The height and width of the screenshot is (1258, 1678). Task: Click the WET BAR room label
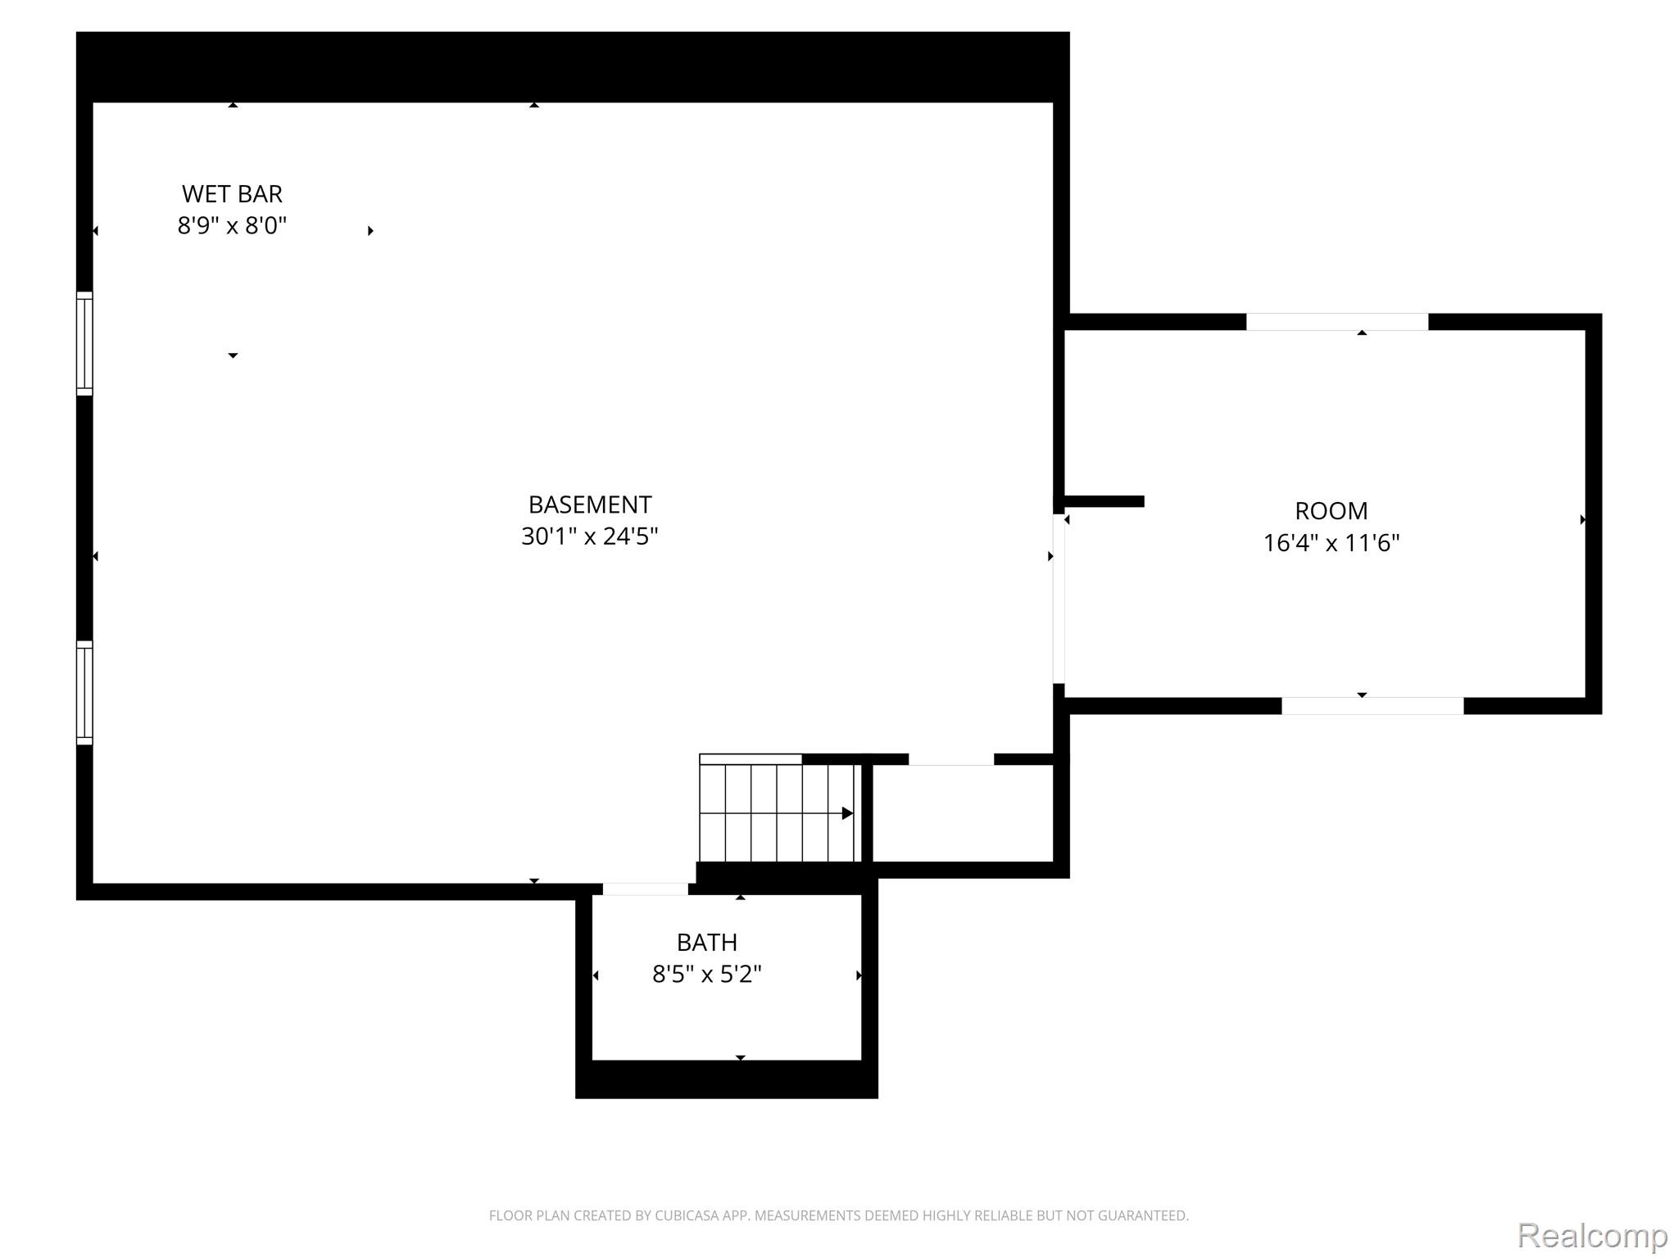[232, 194]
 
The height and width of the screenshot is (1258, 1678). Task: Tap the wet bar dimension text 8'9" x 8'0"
[232, 225]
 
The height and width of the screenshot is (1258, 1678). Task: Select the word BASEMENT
[590, 505]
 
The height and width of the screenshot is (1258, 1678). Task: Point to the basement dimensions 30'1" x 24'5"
[590, 536]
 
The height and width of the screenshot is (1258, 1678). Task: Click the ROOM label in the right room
[1331, 511]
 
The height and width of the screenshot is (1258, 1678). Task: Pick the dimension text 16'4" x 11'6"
[1331, 543]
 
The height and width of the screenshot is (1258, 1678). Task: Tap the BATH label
[707, 943]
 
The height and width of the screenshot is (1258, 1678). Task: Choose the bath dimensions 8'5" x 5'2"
[707, 975]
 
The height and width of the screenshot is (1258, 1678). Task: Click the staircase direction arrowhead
[848, 813]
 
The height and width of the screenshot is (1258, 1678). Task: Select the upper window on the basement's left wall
[84, 344]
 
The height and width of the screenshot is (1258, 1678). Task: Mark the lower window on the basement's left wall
[84, 693]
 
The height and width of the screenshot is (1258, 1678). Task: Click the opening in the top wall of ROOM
[1337, 322]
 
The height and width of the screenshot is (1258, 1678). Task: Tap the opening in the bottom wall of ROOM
[1372, 706]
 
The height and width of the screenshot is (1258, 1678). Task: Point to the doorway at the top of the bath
[646, 889]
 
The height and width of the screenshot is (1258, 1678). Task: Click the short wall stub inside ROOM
[1104, 501]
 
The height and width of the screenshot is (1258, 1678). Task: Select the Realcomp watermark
[1593, 1234]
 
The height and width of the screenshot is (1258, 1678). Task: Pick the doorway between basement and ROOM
[1059, 599]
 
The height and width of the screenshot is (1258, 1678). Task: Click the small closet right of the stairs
[963, 813]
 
